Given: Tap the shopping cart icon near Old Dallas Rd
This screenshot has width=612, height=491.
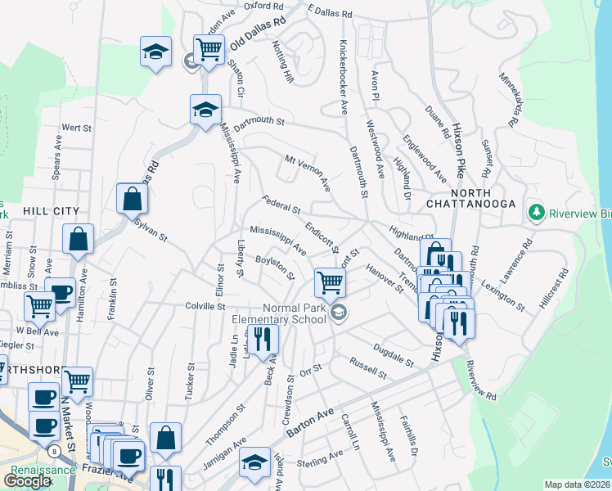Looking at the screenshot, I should (x=209, y=49).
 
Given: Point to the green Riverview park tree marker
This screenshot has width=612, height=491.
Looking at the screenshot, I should (x=537, y=213).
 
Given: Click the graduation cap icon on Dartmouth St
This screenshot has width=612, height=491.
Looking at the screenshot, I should (x=205, y=109).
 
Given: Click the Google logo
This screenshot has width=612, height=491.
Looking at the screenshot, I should (x=27, y=481).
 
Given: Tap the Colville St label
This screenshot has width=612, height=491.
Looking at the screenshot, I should (x=204, y=306).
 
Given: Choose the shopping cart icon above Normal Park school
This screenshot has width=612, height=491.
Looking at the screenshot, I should (x=330, y=282).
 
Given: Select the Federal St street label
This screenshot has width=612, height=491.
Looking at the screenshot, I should (x=281, y=202).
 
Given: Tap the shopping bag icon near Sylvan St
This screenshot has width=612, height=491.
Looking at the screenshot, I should (x=132, y=197).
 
